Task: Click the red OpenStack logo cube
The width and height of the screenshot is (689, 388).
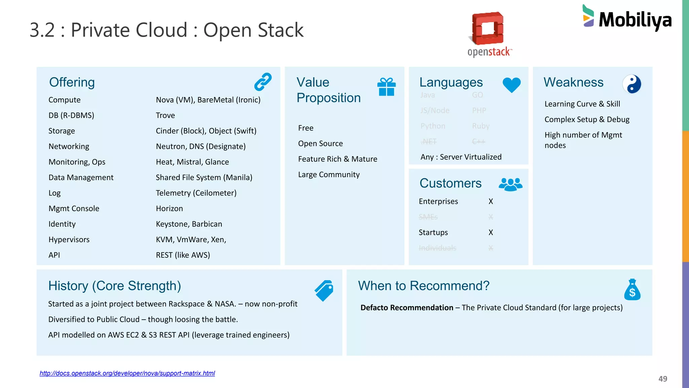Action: [x=488, y=29]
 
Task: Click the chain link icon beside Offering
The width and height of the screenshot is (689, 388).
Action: [x=263, y=82]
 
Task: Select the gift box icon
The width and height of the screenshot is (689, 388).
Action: [x=386, y=87]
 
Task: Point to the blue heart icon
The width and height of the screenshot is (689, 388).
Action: [x=511, y=85]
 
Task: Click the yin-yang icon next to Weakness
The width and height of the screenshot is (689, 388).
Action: [x=631, y=84]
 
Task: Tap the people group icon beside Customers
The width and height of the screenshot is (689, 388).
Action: [x=510, y=184]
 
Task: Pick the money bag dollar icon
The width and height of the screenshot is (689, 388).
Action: [x=632, y=290]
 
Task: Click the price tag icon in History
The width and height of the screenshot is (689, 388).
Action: [x=324, y=290]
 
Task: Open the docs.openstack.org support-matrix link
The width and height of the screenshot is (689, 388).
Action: [x=127, y=373]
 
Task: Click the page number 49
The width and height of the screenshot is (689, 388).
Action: [x=663, y=379]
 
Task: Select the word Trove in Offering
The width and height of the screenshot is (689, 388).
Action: [x=165, y=116]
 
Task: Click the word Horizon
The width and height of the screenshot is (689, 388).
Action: [x=169, y=208]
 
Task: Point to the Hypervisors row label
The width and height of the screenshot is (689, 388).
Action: [x=69, y=239]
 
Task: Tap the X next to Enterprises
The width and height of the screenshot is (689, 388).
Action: [x=491, y=201]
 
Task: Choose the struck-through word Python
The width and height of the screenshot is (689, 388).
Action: [x=433, y=126]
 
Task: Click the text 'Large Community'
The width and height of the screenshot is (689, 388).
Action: [x=329, y=174]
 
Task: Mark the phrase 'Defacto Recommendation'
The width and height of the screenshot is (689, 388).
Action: [x=407, y=308]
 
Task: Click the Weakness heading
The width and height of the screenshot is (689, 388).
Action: [x=573, y=82]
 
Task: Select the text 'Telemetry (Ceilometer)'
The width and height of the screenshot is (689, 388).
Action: [x=196, y=193]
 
